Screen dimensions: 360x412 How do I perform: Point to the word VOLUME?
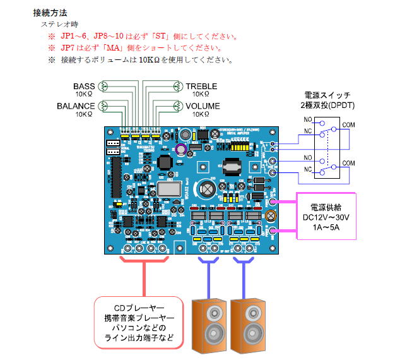pos(203,105)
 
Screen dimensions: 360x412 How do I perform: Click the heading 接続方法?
pos(49,12)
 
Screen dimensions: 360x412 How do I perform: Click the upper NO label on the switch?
pos(307,119)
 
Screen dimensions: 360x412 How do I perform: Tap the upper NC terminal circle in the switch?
pos(322,135)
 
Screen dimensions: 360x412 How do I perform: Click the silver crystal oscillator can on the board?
pos(168,187)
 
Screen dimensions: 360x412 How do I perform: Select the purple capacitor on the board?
pos(182,149)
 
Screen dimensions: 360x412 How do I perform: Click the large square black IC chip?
pos(165,163)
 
